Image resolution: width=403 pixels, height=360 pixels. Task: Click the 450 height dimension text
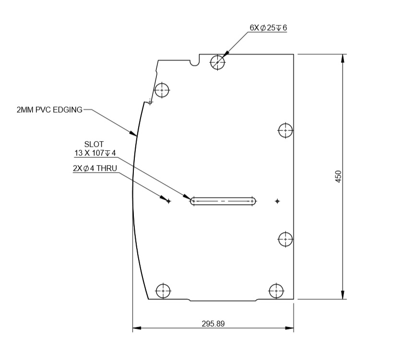tap(338, 177)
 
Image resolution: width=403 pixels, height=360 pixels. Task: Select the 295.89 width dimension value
tap(213, 323)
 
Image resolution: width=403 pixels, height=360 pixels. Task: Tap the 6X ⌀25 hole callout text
tap(268, 27)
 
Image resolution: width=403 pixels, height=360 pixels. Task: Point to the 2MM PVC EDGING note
tap(49, 110)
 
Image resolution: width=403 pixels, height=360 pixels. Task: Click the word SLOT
tap(94, 144)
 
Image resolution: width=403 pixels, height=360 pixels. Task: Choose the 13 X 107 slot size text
tap(95, 153)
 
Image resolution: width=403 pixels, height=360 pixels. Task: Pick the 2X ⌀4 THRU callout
tap(95, 168)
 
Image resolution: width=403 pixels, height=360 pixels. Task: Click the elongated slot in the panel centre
tap(223, 201)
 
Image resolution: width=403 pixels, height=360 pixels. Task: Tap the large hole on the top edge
tap(218, 62)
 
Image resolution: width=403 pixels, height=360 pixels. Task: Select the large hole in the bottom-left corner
tap(164, 291)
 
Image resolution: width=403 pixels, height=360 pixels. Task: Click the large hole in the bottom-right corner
tap(276, 291)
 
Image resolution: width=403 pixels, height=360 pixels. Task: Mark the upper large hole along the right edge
tap(286, 130)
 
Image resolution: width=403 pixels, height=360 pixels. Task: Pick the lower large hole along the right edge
tap(286, 238)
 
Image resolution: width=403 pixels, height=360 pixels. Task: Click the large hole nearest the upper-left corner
tap(162, 90)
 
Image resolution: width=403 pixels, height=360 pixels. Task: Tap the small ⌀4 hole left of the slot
tap(168, 201)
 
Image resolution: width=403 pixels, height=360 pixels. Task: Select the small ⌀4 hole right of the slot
tap(277, 201)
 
